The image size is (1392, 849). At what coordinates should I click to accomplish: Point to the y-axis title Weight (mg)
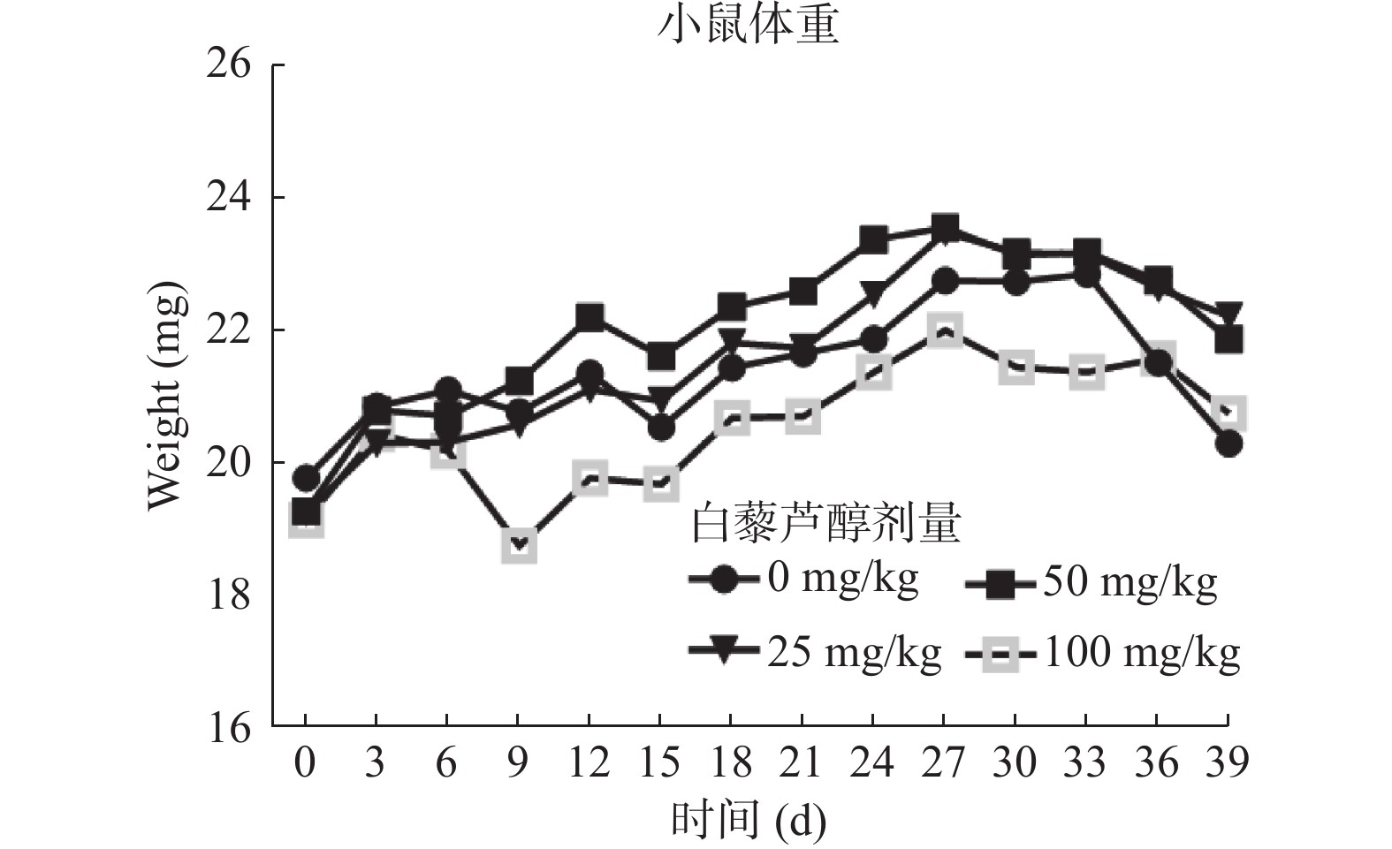coord(167,396)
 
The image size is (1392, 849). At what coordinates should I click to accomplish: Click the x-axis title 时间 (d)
coord(748,821)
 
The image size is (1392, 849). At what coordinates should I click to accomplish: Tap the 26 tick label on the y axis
coord(228,64)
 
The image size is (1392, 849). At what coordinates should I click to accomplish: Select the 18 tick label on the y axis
coord(228,595)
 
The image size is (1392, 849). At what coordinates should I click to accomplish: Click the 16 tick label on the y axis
coord(228,728)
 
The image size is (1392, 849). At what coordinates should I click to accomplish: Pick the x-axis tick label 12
coord(588,762)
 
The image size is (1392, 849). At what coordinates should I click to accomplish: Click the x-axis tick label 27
coord(943,762)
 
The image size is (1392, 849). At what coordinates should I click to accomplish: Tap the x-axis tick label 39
coord(1228,762)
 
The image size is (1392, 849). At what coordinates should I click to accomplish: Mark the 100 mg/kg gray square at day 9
coord(519,546)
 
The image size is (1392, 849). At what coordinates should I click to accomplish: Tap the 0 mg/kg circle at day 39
coord(1228,443)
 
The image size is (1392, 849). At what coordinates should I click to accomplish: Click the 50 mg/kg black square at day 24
coord(873,239)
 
